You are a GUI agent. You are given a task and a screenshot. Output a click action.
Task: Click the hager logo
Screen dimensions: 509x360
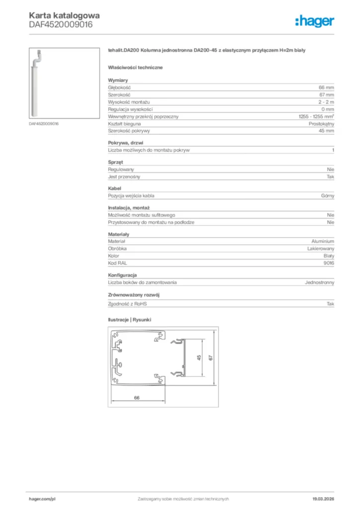315,21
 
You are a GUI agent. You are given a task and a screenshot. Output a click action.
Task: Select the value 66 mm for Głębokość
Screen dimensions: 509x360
327,87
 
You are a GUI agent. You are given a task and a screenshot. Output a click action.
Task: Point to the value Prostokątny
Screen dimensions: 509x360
321,123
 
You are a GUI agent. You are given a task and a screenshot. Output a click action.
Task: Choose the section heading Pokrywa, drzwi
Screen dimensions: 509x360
125,143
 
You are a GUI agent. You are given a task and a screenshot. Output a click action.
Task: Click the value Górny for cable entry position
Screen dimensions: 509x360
328,196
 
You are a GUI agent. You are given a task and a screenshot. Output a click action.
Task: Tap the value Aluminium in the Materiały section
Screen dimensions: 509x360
323,241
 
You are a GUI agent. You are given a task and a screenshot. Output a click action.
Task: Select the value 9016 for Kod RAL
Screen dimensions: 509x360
329,262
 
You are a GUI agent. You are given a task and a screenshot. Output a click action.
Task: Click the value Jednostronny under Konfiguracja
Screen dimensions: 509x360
319,282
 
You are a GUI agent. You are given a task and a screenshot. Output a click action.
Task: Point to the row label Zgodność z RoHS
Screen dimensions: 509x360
128,303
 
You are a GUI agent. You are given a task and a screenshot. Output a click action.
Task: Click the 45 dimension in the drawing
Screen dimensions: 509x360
198,358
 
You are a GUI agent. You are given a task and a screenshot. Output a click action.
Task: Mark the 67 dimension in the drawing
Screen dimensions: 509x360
211,358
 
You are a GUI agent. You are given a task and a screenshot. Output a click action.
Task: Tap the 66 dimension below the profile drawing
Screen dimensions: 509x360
136,397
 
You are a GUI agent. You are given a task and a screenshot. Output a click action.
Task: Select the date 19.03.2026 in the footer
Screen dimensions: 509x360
323,499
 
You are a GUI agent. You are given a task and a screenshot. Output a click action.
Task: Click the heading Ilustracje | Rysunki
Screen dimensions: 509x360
129,320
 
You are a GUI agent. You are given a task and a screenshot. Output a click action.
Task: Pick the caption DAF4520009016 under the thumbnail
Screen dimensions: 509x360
44,123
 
